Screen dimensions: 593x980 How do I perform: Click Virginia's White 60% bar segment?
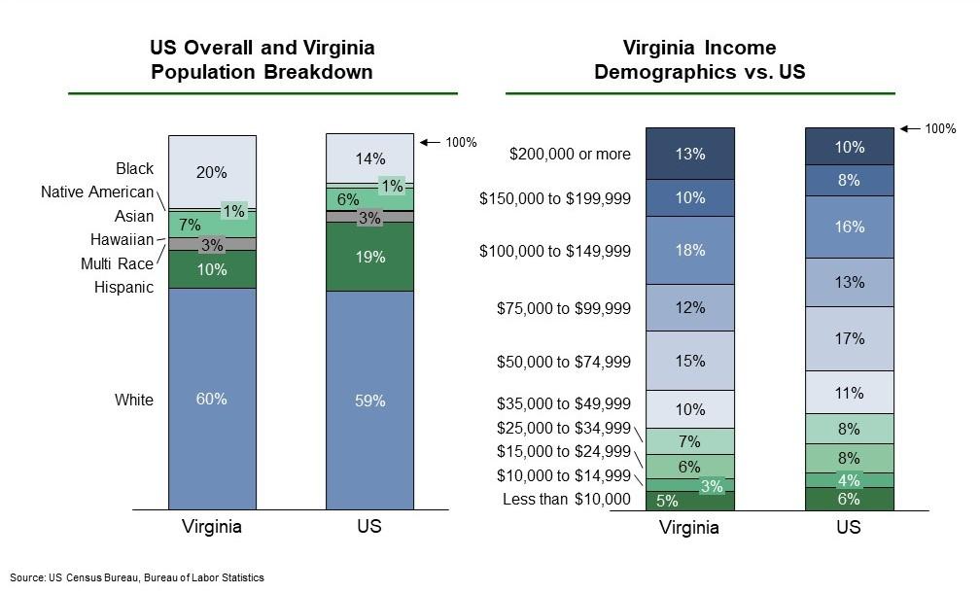point(212,399)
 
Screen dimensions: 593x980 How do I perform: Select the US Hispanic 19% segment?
point(369,258)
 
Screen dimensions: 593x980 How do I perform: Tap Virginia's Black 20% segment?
point(212,172)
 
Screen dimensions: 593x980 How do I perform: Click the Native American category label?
point(97,192)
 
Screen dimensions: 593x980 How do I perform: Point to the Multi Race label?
point(117,263)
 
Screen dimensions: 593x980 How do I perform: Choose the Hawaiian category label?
point(122,240)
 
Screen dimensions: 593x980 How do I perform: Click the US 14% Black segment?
point(369,158)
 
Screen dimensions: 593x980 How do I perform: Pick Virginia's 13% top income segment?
point(690,154)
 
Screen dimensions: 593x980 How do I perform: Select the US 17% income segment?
point(849,338)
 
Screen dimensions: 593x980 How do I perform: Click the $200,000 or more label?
point(570,154)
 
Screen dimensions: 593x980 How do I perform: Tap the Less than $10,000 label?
point(567,500)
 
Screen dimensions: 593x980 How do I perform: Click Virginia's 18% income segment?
point(690,250)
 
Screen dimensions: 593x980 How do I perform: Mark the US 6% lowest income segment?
point(849,499)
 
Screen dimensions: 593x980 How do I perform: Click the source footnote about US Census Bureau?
point(137,577)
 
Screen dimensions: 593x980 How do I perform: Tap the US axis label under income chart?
point(849,528)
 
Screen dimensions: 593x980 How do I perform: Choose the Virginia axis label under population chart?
point(212,527)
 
